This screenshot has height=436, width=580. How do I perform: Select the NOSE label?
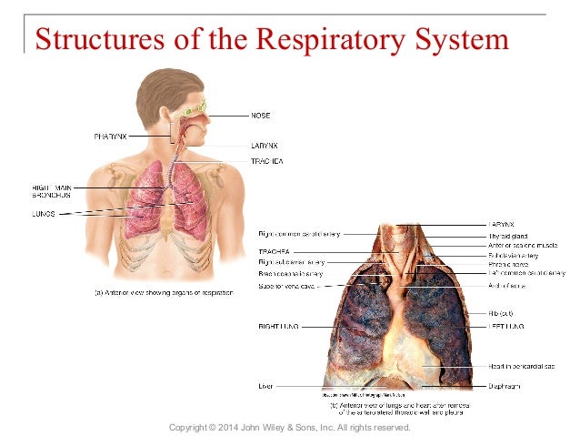point(262,116)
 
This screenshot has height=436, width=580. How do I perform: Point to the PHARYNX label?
point(110,136)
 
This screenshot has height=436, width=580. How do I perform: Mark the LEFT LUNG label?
point(506,325)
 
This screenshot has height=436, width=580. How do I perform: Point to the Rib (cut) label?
point(503,312)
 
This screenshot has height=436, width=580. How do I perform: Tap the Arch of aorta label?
point(506,286)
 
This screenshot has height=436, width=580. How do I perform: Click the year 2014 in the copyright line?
point(239,427)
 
